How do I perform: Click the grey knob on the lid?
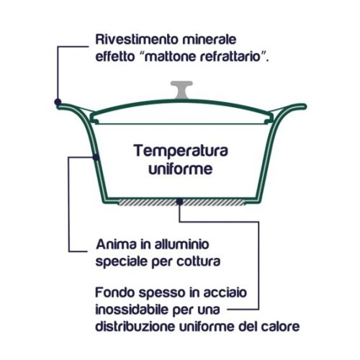click(181, 90)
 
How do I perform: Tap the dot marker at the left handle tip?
click(58, 102)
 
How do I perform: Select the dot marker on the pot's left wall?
click(96, 158)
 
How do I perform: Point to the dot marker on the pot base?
click(179, 202)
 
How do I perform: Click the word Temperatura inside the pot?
click(181, 151)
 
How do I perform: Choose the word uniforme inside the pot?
click(181, 169)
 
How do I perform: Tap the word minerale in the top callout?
click(209, 40)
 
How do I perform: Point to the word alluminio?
click(181, 244)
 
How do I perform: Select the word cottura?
click(199, 261)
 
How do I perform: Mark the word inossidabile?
click(132, 310)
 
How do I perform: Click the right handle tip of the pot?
click(305, 107)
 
